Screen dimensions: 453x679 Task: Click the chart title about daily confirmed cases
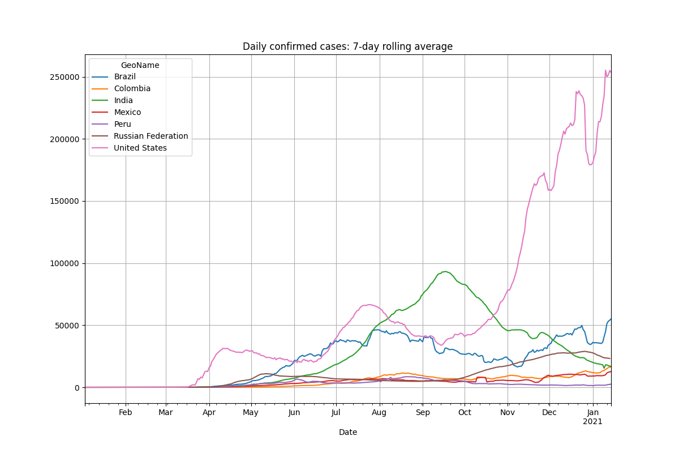coord(347,46)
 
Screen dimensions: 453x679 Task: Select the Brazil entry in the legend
coord(124,77)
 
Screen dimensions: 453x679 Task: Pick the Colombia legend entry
coord(132,89)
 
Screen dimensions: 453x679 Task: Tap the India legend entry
coord(123,101)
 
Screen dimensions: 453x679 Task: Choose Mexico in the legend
coord(127,113)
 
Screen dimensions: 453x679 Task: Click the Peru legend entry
coord(122,125)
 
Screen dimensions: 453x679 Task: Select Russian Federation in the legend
coord(151,136)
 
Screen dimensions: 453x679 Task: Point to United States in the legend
coord(140,148)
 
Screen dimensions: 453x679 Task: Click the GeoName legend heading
coord(140,65)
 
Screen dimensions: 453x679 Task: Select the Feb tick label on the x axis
coord(126,413)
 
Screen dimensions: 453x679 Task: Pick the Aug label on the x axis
coord(379,413)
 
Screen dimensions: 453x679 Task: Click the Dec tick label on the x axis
coord(549,413)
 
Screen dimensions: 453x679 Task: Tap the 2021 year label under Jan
coord(593,422)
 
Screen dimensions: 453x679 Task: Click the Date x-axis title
coord(347,432)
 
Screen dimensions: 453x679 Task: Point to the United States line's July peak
coord(369,305)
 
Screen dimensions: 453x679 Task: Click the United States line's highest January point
coord(605,70)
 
